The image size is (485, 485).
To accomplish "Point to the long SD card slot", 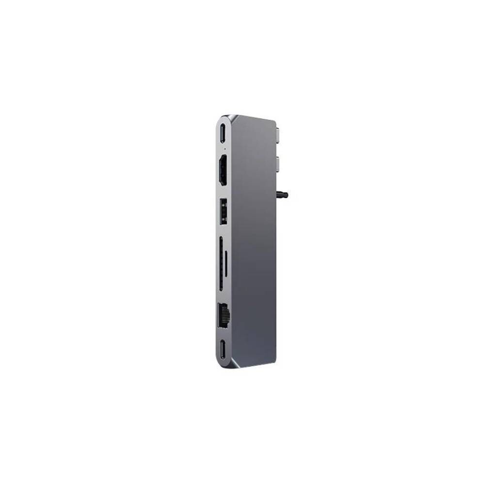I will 222,264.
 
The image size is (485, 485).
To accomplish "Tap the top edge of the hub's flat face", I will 255,120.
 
